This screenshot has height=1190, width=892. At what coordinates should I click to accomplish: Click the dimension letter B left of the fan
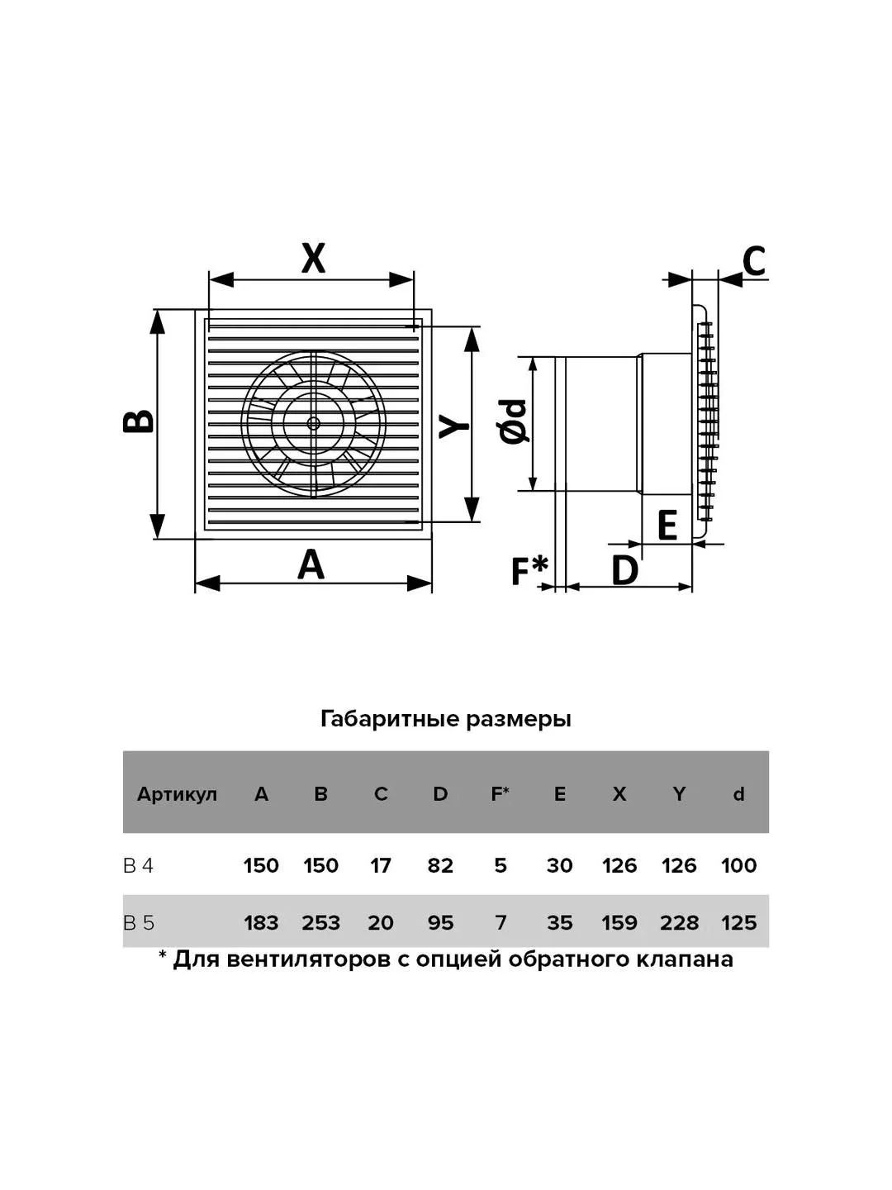click(139, 421)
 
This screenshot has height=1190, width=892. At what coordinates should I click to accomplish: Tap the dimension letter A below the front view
click(311, 564)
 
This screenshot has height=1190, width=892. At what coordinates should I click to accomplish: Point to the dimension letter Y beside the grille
click(454, 426)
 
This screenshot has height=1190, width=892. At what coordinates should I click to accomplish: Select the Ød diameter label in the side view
click(512, 421)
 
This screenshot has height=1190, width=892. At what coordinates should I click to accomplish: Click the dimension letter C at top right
click(753, 260)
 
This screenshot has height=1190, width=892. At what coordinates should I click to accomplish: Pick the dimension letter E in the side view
click(667, 525)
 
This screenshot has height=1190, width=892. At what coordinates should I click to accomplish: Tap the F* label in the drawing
click(529, 570)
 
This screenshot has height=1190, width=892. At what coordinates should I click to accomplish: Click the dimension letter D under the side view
click(625, 570)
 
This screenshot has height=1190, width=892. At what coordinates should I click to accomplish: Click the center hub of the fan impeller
click(313, 423)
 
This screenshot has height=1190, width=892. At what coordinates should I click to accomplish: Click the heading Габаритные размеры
click(446, 720)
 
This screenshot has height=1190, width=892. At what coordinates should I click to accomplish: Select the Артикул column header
click(177, 794)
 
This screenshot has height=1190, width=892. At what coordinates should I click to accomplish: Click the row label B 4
click(139, 865)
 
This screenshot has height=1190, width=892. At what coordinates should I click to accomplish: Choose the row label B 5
click(140, 923)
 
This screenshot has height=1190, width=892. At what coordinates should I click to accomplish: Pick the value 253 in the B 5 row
click(320, 923)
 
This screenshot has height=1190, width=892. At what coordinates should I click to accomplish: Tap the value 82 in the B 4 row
click(439, 865)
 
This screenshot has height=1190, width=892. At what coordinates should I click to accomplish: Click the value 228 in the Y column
click(679, 923)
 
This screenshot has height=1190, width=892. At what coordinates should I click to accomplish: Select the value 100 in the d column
click(738, 865)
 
